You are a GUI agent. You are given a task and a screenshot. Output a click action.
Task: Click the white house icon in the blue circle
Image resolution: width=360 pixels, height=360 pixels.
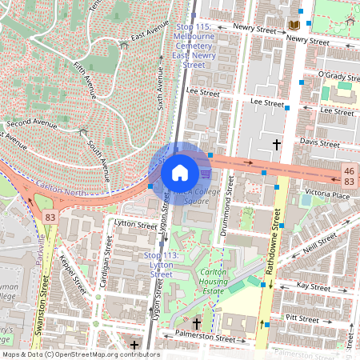click(x=180, y=172)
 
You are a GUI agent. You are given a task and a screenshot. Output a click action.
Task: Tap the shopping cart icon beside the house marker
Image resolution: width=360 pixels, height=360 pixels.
click(x=206, y=173)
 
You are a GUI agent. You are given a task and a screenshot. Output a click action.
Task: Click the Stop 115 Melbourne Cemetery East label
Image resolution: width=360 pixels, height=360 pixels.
click(x=194, y=42)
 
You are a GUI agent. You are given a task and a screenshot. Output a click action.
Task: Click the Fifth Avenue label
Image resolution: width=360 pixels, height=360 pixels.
click(x=84, y=81)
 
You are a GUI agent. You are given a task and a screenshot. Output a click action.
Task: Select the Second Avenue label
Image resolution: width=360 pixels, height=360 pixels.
click(x=31, y=125)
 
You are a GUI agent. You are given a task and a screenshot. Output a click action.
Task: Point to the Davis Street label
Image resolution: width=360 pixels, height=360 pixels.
click(x=319, y=142)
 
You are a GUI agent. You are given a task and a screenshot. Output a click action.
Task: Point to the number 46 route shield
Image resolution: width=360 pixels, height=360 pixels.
click(x=349, y=171)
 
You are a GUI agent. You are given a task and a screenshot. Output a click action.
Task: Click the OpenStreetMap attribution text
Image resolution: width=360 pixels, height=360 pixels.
click(x=80, y=354)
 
